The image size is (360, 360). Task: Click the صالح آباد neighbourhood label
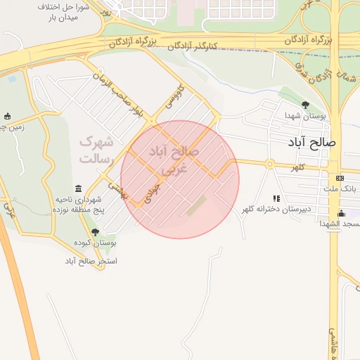click(x=313, y=143)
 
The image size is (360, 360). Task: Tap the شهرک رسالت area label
click(x=96, y=150)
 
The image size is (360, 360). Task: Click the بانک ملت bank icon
click(x=340, y=179)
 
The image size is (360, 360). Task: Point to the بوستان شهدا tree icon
click(x=305, y=105)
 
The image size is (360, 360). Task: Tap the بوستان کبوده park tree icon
click(x=95, y=231)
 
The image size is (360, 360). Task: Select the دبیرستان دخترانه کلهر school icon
click(x=276, y=199)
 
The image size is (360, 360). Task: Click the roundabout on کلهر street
click(x=269, y=165)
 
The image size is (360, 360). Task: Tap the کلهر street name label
click(x=299, y=167)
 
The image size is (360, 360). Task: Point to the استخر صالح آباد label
click(x=91, y=261)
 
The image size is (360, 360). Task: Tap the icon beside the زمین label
click(x=8, y=116)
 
